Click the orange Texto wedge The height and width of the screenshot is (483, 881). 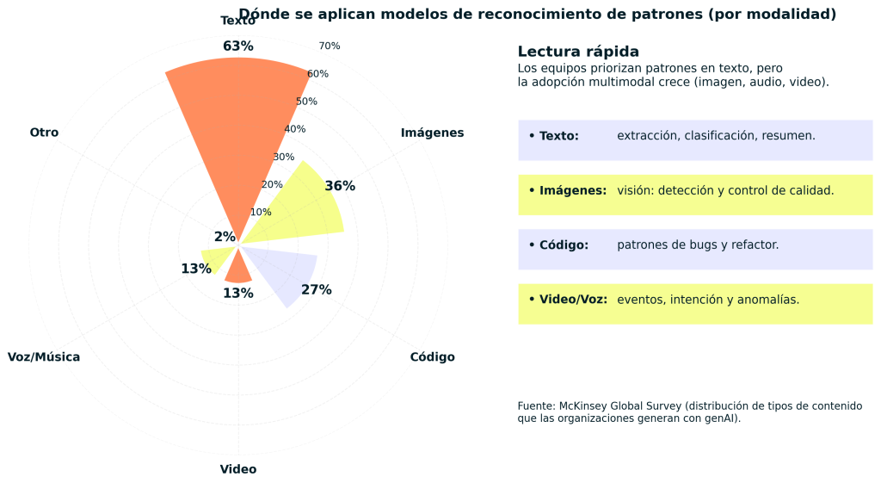(x=237, y=129)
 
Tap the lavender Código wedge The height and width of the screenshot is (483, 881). (x=288, y=271)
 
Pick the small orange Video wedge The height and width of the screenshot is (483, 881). (x=238, y=269)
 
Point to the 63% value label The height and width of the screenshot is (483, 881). (x=237, y=46)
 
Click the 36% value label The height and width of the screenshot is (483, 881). (x=340, y=186)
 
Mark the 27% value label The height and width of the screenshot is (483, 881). (x=316, y=290)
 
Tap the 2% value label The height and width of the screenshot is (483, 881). (x=225, y=237)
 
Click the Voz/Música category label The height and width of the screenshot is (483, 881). (x=44, y=357)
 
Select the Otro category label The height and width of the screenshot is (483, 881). (x=44, y=133)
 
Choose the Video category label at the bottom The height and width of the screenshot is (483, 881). (x=237, y=469)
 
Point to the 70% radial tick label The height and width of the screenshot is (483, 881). (x=330, y=46)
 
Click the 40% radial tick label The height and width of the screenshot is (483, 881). (x=295, y=129)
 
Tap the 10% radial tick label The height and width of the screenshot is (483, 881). (x=261, y=213)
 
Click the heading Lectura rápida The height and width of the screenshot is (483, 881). (x=578, y=52)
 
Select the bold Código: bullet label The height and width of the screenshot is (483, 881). (x=564, y=245)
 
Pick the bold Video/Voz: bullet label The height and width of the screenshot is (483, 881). (x=573, y=300)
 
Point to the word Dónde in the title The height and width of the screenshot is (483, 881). (x=261, y=14)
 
